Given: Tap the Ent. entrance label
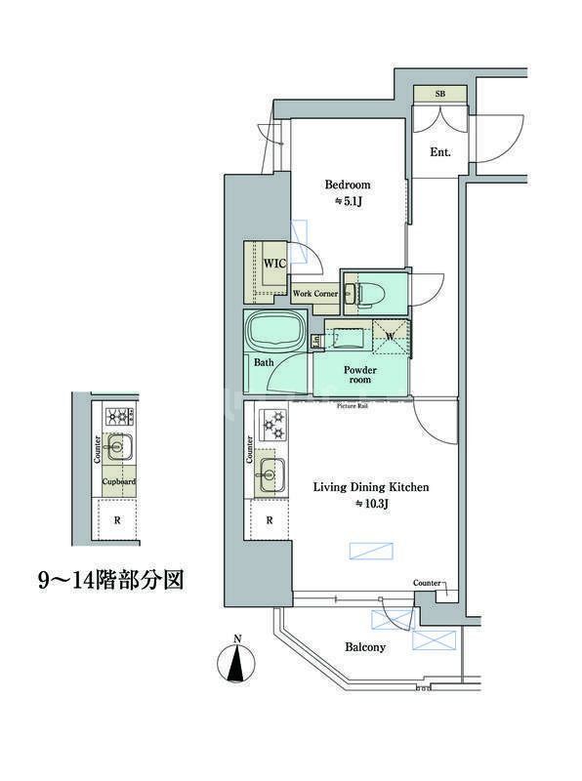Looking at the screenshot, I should point(439,151).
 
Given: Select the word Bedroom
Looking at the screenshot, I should point(348,185).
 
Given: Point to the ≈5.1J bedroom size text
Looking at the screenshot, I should point(349,202).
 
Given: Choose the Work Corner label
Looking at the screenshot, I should point(315,293).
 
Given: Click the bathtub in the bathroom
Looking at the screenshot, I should point(275,332).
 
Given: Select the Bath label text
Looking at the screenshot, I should point(264,363).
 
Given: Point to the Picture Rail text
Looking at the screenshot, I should point(353,405).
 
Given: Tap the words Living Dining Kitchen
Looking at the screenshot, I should point(370,486).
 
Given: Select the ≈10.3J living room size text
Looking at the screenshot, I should point(371,504).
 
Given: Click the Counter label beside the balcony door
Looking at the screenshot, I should point(427,583).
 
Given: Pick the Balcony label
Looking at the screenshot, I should point(365,646).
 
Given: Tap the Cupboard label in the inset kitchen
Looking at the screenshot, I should point(119,481).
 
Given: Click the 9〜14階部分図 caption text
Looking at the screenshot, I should point(110,580).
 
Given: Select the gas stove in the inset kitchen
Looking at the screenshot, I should point(119,417).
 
